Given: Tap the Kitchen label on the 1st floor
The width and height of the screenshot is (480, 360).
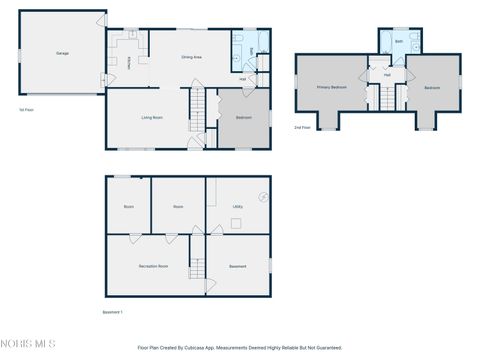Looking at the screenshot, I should click(x=130, y=62).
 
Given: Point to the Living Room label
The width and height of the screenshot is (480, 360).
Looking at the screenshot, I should click(x=152, y=118).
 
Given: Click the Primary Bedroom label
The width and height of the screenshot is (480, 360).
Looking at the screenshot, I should click(x=332, y=87).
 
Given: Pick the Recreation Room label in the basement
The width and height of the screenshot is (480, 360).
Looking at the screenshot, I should click(x=153, y=266).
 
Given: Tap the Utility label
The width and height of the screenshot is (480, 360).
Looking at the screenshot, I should click(x=238, y=207).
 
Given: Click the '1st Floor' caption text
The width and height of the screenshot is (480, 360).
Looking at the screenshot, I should click(x=27, y=110).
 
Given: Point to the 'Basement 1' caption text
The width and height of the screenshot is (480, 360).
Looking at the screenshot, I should click(x=114, y=312).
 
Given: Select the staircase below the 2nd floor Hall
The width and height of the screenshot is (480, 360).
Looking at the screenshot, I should click(x=385, y=98).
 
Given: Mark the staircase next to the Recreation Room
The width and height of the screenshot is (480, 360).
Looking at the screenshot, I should click(x=197, y=261).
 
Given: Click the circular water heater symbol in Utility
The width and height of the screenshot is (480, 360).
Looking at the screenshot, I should click(x=264, y=196).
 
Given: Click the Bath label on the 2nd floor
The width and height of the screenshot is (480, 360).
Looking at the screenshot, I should click(x=398, y=42).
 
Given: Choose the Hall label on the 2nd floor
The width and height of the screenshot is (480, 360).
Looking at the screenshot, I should click(x=386, y=75).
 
